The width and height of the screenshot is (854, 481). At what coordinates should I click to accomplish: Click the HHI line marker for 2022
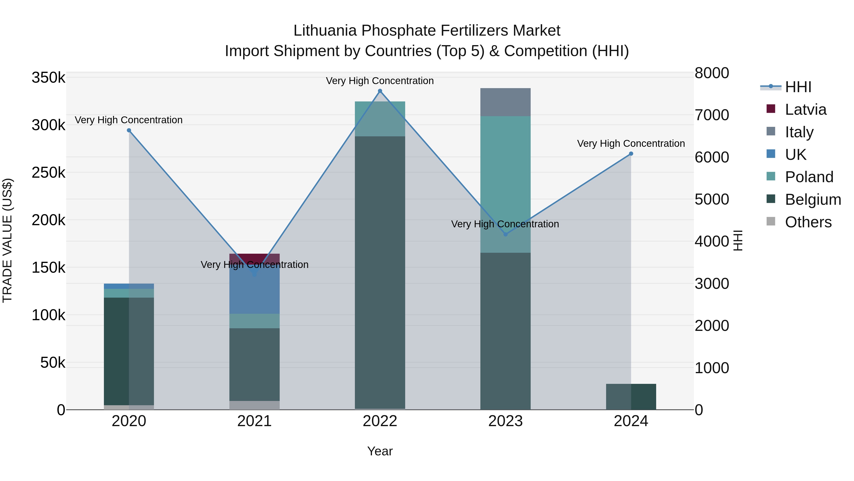[380, 91]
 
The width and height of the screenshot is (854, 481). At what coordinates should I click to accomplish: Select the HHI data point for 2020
[129, 130]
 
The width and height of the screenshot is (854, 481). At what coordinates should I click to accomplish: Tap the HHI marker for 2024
[631, 154]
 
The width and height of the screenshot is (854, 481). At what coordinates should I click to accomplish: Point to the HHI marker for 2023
[506, 234]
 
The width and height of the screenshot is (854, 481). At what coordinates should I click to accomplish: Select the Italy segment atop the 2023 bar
[506, 102]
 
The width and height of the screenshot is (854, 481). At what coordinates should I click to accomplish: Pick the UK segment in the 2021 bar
[254, 292]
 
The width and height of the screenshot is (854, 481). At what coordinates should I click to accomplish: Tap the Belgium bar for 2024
[631, 397]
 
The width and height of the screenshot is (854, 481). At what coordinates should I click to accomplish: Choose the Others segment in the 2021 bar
[254, 405]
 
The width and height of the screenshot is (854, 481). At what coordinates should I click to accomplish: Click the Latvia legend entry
[806, 110]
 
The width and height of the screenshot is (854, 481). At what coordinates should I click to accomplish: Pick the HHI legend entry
[798, 87]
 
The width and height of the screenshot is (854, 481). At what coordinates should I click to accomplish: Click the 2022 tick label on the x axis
[380, 421]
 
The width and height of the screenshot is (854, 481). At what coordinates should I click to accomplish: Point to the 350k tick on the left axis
[48, 78]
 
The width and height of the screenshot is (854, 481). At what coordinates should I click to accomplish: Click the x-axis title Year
[380, 451]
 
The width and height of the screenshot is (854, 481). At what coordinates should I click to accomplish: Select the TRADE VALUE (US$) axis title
[8, 240]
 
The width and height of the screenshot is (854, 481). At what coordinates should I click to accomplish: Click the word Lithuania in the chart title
[325, 31]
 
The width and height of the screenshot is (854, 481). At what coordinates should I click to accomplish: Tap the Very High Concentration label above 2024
[631, 143]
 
